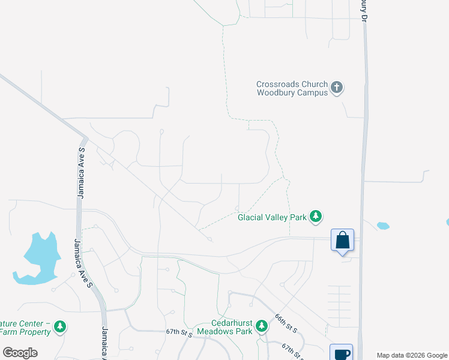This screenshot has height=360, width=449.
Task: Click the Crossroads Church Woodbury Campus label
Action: pos(292,88)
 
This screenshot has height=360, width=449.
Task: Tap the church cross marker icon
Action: pos(337,88)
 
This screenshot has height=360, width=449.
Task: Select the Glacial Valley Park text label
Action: pos(272,217)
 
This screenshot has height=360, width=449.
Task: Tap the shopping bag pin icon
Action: pos(342,241)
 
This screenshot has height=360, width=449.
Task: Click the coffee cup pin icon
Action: pos(341,353)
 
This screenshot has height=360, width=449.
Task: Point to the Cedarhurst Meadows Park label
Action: pos(230,326)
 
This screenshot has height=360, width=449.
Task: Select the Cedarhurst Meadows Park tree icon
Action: pos(261,326)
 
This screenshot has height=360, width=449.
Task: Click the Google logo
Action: pos(20,353)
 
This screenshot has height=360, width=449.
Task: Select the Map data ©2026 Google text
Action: pos(412,355)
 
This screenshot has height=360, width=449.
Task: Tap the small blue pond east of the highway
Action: pos(382,226)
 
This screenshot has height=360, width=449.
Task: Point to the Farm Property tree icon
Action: pos(59,326)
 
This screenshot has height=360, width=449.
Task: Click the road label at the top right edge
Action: pos(363,11)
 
